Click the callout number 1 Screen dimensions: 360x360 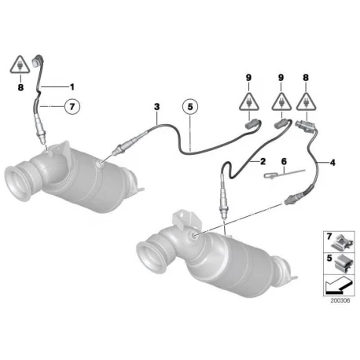click(72, 86)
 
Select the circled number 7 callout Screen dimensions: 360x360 click(72, 107)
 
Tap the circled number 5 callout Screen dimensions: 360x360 click(190, 107)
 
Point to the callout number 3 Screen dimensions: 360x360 click(156, 107)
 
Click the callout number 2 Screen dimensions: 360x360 click(263, 161)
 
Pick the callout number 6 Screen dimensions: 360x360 click(284, 161)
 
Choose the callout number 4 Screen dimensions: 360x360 click(332, 163)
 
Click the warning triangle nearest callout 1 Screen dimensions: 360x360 click(20, 64)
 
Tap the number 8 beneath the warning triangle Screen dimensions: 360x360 click(20, 87)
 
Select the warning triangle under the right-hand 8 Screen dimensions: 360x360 click(306, 101)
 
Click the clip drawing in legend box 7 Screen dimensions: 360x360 click(342, 242)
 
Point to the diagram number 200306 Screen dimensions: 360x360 click(340, 300)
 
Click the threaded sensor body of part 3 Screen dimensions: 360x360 click(129, 144)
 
